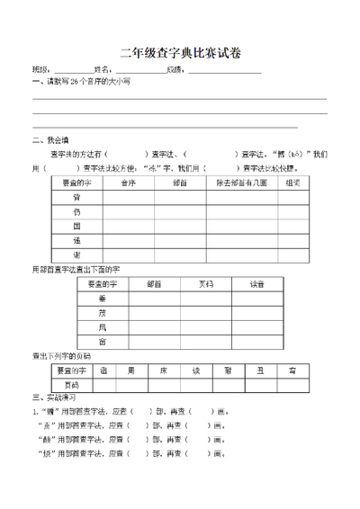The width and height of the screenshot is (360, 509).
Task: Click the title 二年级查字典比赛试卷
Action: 179,54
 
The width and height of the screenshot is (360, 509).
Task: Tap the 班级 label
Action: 41,70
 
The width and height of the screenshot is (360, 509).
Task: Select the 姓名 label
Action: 103,70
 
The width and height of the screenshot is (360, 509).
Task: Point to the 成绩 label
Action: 176,70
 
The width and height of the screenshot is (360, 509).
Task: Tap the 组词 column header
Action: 292,183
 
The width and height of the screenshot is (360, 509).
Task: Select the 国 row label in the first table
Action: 77,226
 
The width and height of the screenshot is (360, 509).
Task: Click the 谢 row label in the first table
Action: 77,254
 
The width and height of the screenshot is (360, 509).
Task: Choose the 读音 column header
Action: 256,285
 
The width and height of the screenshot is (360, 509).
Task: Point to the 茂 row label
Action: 103,314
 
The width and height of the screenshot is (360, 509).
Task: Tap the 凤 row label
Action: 103,328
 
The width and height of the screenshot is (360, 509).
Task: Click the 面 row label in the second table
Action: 103,343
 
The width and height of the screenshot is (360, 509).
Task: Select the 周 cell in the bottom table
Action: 130,371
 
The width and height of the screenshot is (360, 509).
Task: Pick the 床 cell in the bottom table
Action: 164,371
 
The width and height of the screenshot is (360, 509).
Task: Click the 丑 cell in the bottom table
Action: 260,371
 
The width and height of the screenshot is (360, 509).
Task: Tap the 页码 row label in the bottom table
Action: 71,384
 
